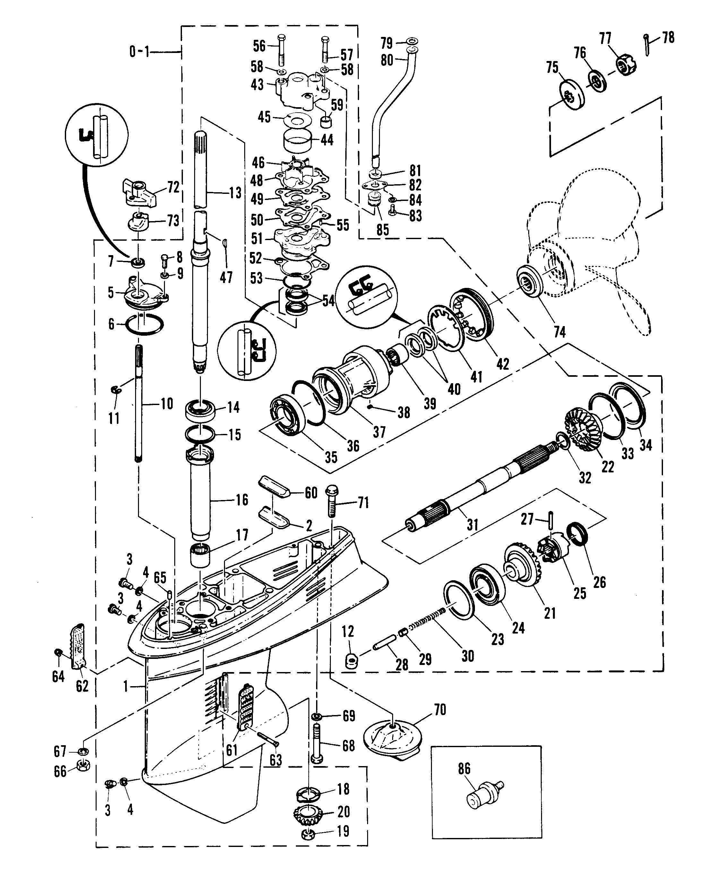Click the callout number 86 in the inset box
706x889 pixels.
[464, 769]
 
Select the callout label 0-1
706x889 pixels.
[139, 52]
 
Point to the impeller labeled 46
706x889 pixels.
[292, 168]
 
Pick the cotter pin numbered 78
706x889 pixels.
[647, 44]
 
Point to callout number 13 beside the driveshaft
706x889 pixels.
[235, 193]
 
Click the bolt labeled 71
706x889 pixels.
[332, 502]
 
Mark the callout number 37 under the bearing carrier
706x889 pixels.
[379, 432]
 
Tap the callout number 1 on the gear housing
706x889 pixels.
[126, 686]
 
